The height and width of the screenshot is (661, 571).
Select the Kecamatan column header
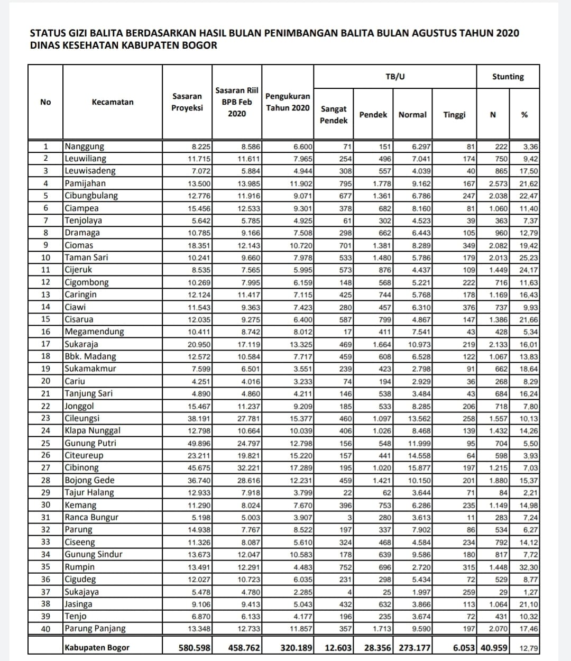coord(113,102)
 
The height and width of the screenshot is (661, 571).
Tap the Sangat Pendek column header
coord(334,115)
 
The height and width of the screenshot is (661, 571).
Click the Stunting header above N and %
coord(508,77)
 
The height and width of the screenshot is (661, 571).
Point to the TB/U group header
coord(395,77)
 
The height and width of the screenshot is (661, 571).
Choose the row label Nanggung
coord(85,146)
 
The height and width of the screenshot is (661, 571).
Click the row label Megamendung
coord(94,332)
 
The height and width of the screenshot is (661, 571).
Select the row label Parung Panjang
coord(95,628)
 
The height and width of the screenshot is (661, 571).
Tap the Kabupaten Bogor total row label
coord(97,648)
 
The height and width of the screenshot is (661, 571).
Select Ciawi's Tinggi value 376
coord(468,307)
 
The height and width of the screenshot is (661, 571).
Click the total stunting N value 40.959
coord(494,648)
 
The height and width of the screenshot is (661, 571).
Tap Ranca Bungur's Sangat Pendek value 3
coord(350,517)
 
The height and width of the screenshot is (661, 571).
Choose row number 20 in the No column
coord(45,381)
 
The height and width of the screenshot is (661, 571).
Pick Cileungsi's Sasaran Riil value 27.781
coord(248,418)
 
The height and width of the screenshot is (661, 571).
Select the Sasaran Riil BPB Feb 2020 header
coord(237,102)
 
